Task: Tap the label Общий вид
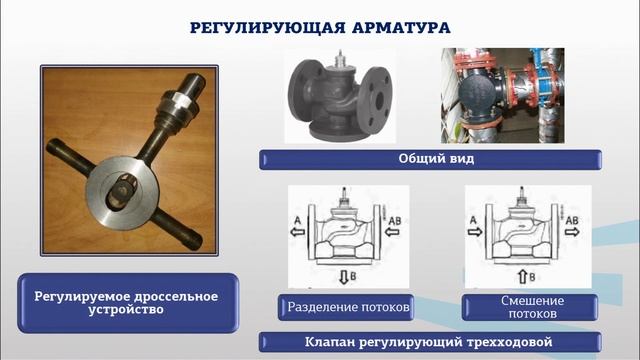point(430,159)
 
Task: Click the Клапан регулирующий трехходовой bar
point(430,340)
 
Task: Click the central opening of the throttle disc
point(126,186)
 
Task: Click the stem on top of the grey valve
point(342,63)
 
